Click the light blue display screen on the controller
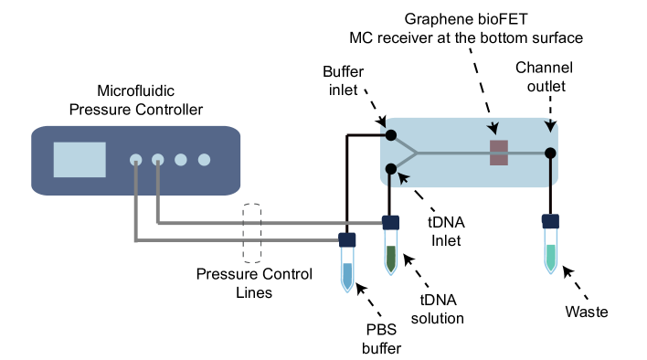[80, 159]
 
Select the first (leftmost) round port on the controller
[136, 159]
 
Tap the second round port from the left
[158, 159]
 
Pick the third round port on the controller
[181, 159]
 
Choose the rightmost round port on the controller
[204, 159]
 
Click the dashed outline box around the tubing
[252, 233]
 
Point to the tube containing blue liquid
[347, 272]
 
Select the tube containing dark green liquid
[391, 255]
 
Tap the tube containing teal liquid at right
[550, 254]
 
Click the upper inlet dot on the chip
[391, 135]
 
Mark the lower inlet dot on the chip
[391, 169]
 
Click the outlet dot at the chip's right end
[550, 154]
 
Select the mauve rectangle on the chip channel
[499, 153]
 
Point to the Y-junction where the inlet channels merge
[418, 153]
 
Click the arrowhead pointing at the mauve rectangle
[493, 128]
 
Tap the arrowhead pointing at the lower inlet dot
[403, 177]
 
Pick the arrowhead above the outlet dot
[550, 124]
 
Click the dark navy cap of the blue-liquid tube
[347, 239]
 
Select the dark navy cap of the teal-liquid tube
[550, 221]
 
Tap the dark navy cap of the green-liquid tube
[391, 222]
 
